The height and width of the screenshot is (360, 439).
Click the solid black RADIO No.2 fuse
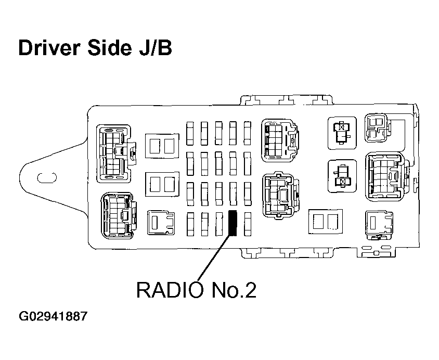[x=233, y=223]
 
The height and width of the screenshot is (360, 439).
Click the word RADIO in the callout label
[x=170, y=290]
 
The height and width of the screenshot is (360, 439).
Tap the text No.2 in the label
[x=234, y=290]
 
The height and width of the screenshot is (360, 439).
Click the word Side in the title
[x=109, y=47]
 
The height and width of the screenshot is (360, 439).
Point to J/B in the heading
[x=155, y=47]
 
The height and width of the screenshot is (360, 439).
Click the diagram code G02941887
[x=53, y=316]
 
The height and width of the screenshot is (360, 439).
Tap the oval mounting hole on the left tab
[x=47, y=177]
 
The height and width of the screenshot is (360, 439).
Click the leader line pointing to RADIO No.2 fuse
[x=215, y=257]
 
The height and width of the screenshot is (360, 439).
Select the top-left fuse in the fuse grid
[x=190, y=133]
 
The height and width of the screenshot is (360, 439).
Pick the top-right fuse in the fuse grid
[x=247, y=133]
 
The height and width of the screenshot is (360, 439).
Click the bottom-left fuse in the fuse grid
[x=190, y=224]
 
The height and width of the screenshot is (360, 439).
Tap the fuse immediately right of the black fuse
[x=248, y=224]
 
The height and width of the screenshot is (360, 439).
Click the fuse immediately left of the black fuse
[x=219, y=224]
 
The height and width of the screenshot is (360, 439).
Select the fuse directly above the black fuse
[x=233, y=194]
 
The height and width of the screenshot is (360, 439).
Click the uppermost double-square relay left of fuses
[x=162, y=146]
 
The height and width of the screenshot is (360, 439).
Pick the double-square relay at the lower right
[x=325, y=222]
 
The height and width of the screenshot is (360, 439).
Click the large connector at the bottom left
[x=119, y=215]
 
